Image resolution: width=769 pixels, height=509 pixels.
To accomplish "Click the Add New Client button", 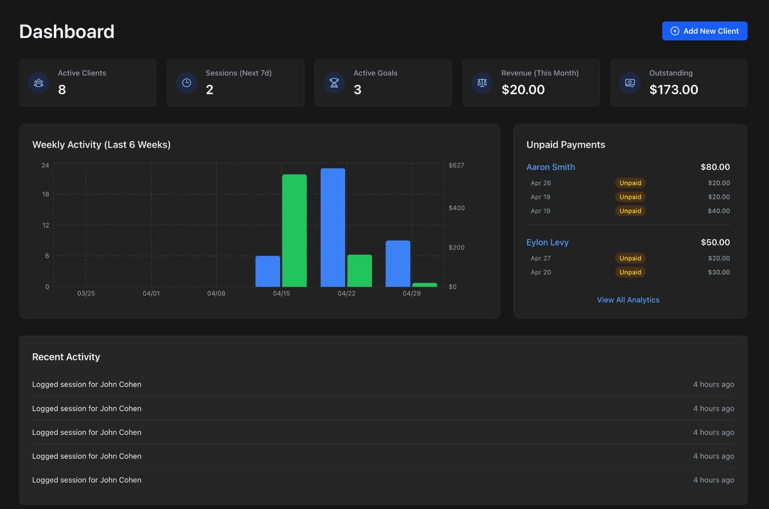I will (704, 31).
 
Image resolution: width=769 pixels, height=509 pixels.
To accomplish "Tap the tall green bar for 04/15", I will (294, 231).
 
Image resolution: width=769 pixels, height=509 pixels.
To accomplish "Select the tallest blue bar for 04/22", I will (333, 228).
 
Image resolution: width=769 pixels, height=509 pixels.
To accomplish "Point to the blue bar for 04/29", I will (397, 264).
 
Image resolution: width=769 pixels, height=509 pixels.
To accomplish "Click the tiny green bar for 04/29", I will (424, 285).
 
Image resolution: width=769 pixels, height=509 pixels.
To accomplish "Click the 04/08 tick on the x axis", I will (216, 293).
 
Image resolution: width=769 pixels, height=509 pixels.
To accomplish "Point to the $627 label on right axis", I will (456, 165).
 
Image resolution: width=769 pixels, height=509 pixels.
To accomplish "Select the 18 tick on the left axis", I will (46, 194).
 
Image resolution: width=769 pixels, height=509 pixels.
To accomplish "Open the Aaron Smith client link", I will (550, 167).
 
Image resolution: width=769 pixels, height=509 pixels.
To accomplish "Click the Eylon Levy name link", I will (547, 242).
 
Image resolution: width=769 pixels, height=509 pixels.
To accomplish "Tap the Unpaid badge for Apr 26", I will (630, 183).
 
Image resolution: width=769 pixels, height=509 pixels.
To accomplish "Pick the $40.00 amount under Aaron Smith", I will (719, 211).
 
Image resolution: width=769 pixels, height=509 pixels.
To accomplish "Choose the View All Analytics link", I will (628, 300).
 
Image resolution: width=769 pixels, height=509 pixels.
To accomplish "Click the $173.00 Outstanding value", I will (673, 89).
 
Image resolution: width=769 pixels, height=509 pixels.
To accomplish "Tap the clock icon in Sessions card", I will (186, 83).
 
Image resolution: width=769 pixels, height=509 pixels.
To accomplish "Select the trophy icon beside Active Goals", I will (334, 83).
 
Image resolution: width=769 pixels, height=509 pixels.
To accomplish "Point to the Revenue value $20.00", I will (523, 89).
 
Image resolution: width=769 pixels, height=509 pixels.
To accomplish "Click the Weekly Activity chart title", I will (101, 145).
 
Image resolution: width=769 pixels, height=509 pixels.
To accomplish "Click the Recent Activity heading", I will (66, 357).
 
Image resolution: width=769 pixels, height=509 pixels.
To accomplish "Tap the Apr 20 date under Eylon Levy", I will (541, 272).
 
